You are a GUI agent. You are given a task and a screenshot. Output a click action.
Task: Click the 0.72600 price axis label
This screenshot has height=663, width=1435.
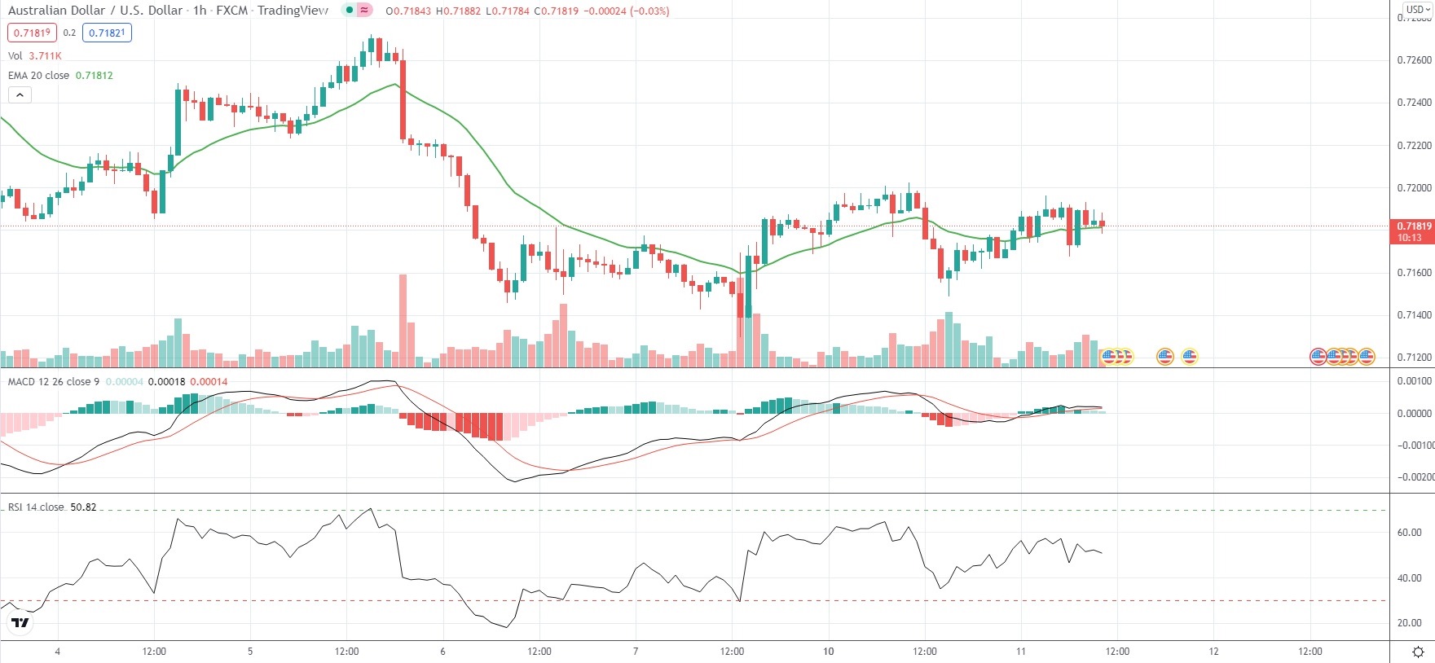(x=1414, y=60)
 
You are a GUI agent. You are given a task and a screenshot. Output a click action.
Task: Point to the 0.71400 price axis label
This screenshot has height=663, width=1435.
(x=1414, y=315)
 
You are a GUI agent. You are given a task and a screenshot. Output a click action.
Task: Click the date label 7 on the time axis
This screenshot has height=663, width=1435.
(x=636, y=652)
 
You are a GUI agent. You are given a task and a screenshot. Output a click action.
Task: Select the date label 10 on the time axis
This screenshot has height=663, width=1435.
(x=828, y=652)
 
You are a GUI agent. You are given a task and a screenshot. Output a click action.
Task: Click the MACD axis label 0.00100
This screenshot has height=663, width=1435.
(x=1414, y=381)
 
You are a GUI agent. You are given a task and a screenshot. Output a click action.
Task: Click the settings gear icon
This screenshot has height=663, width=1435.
(x=1418, y=652)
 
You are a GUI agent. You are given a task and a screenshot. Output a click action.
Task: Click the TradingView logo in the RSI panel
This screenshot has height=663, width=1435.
(x=20, y=623)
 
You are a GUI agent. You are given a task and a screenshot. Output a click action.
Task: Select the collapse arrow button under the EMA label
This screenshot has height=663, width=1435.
(x=20, y=94)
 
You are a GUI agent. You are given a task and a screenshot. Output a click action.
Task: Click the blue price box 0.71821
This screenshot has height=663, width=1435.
(x=107, y=33)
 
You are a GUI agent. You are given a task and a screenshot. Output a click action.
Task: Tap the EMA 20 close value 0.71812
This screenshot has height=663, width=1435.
(x=95, y=76)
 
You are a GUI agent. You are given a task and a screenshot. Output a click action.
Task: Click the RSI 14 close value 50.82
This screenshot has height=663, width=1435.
(x=83, y=507)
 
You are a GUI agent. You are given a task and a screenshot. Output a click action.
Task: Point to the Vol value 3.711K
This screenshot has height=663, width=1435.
(x=45, y=56)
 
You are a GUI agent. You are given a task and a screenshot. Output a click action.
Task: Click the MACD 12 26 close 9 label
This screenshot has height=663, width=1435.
(x=54, y=382)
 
